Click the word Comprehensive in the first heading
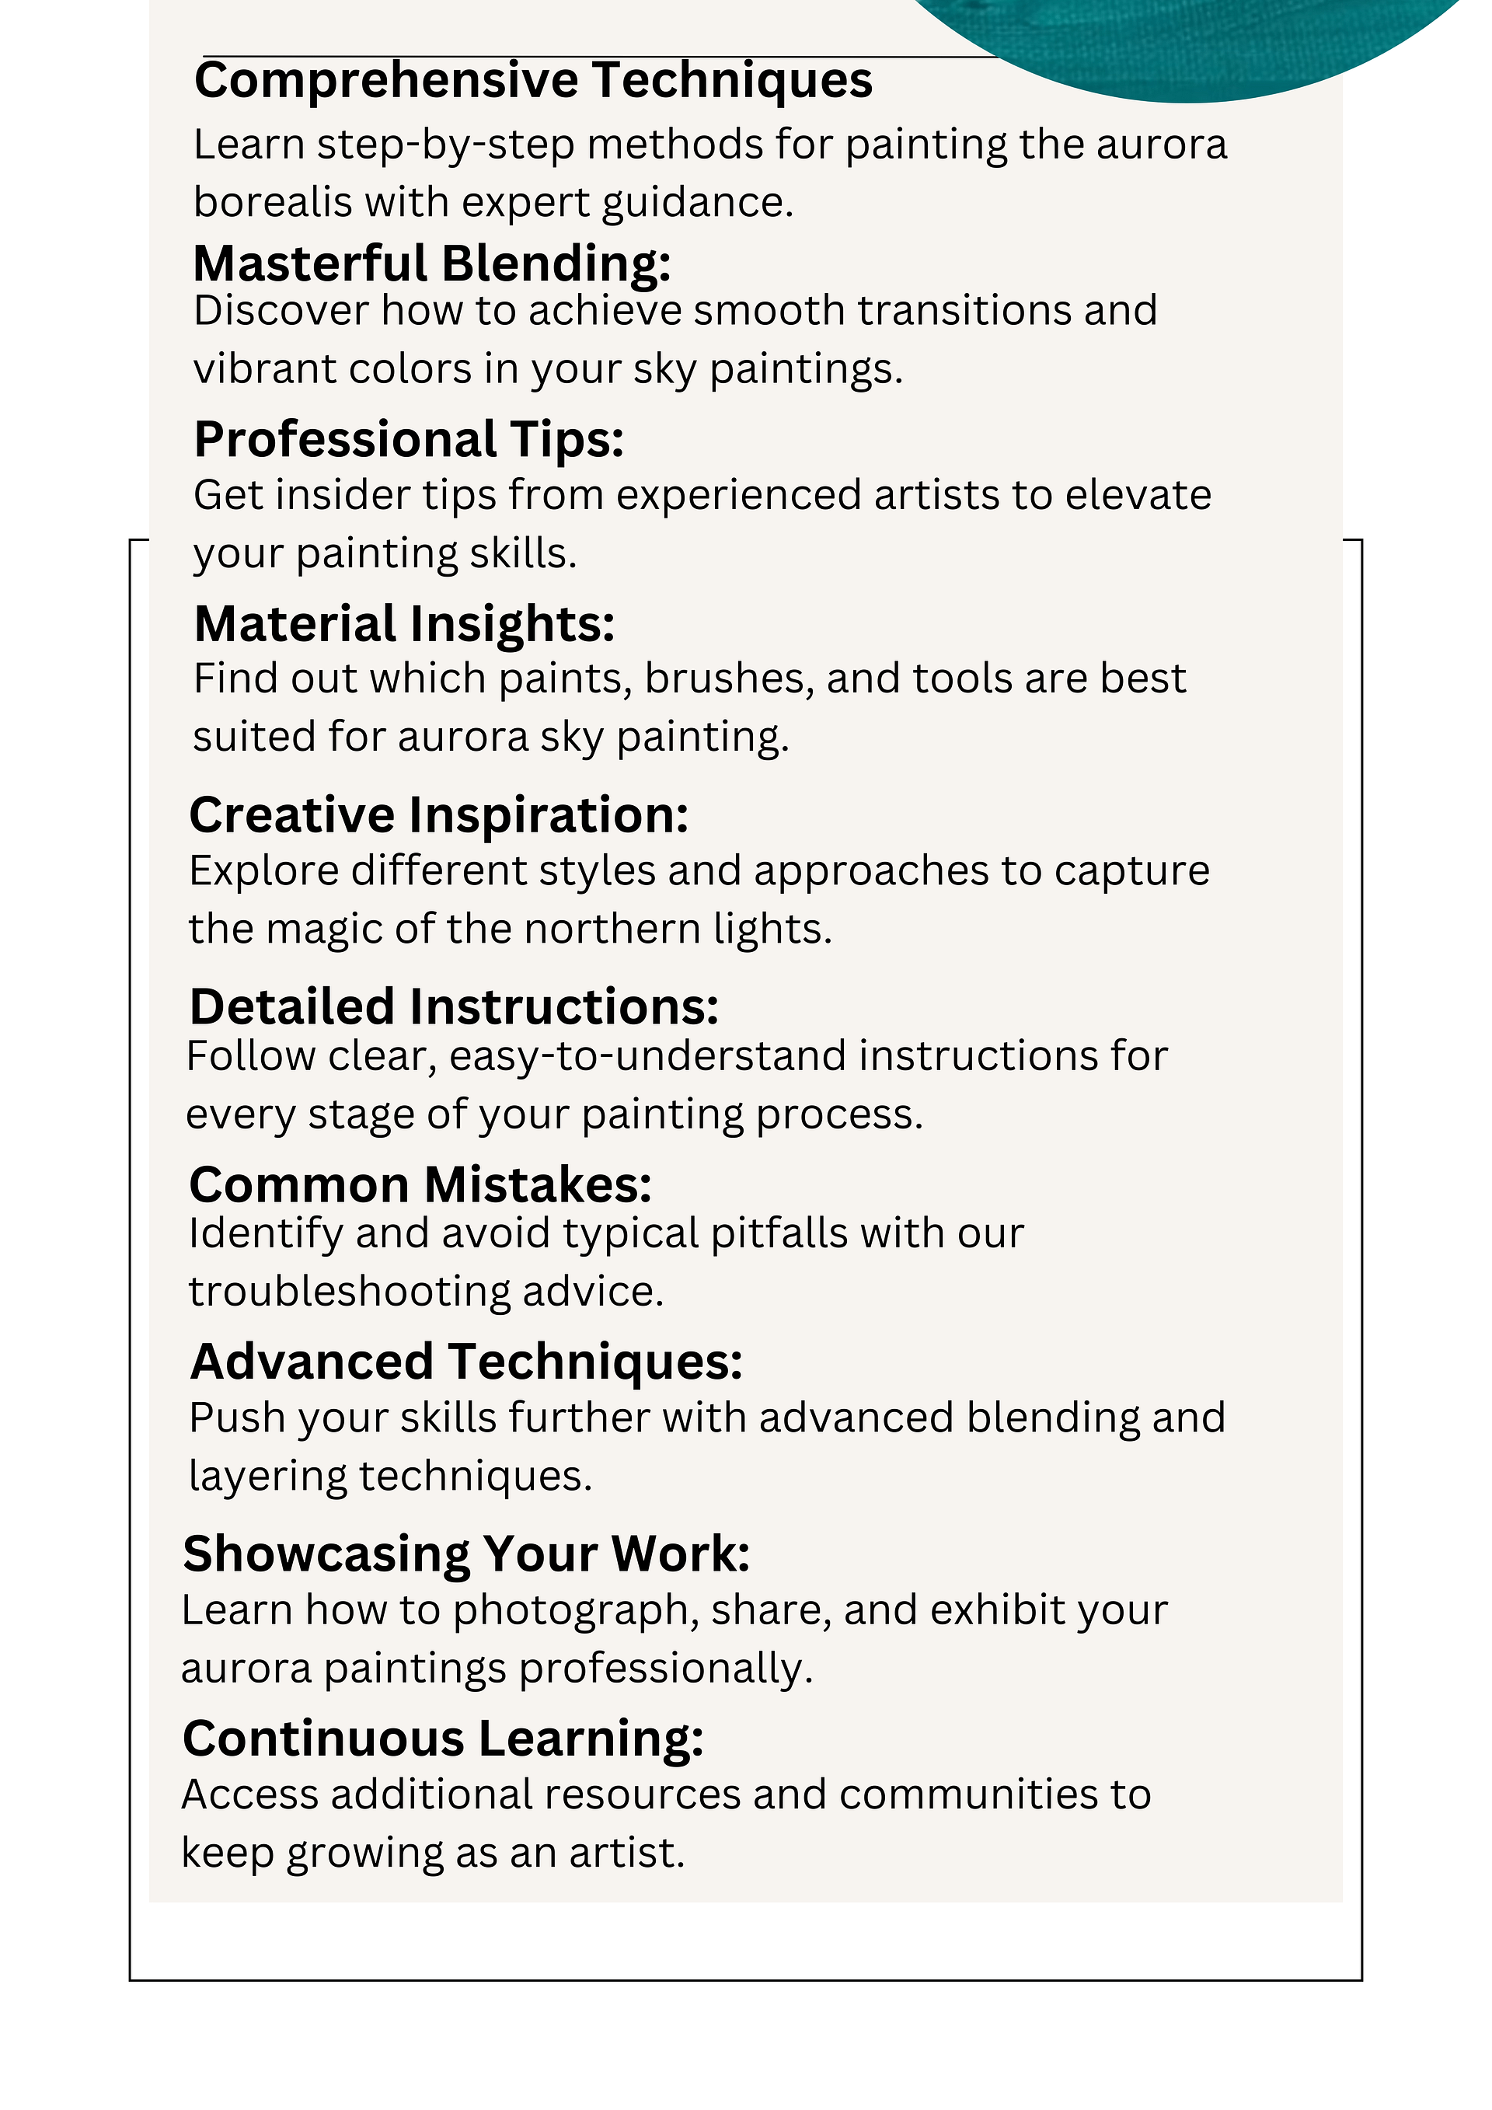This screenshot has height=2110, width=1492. [386, 81]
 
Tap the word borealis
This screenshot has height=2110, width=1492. [272, 202]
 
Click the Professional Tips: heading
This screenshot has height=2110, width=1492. [409, 438]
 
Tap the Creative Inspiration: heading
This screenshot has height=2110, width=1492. [438, 815]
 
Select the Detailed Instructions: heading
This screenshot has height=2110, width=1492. [454, 1006]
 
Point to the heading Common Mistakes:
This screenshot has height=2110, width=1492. [420, 1184]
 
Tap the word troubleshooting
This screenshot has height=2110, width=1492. [349, 1291]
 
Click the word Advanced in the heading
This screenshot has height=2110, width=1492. [312, 1361]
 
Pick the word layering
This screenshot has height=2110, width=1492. [267, 1476]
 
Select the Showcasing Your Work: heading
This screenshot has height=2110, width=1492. [465, 1554]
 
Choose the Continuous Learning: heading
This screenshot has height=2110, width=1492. [443, 1739]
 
